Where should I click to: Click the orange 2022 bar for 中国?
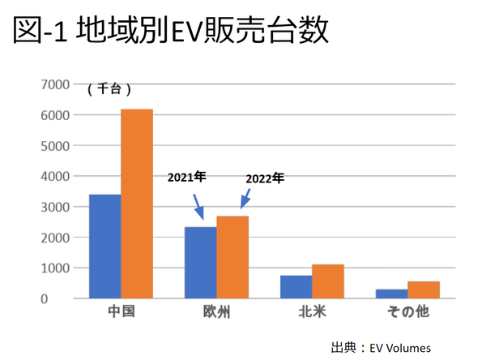137,204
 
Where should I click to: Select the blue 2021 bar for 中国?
105,246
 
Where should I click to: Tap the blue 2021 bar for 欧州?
201,263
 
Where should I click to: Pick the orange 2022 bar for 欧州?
232,257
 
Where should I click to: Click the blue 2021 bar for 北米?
296,287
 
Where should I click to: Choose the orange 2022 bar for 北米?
328,281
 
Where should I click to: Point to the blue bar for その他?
392,294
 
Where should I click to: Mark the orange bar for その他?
424,289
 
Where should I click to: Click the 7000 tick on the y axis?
55,84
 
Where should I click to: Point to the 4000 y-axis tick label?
55,176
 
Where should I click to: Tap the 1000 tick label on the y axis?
55,268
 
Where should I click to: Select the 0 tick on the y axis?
66,298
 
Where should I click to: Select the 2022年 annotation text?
265,178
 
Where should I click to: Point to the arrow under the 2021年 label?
198,205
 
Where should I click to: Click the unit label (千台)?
109,89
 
